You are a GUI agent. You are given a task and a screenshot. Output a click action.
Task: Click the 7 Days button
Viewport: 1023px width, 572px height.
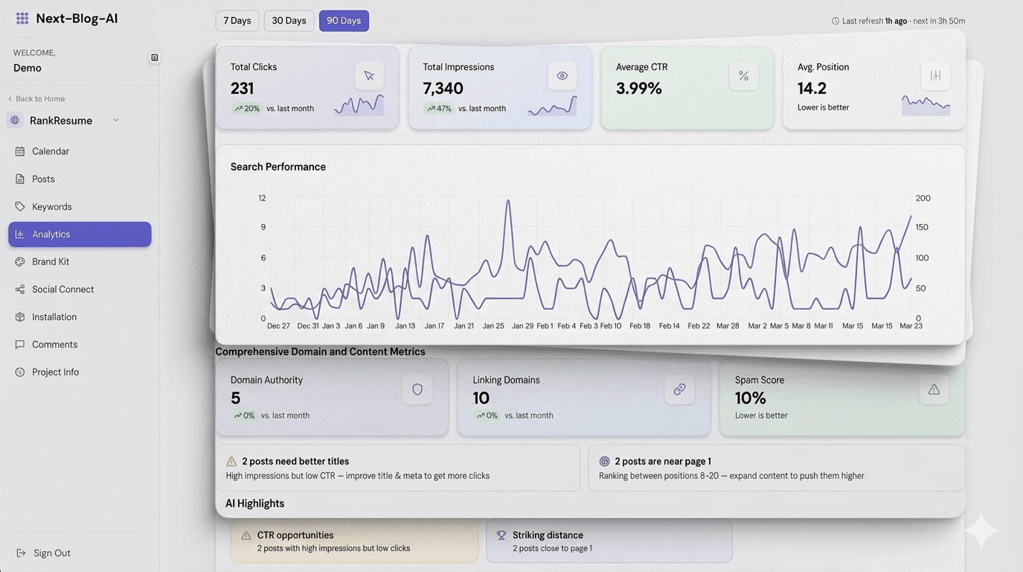pos(237,21)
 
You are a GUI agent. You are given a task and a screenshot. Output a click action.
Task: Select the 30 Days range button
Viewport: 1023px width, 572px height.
pos(289,21)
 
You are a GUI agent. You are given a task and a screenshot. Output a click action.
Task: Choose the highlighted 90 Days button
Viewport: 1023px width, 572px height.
pos(344,21)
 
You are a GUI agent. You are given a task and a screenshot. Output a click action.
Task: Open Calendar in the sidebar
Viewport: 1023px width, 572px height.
pos(50,151)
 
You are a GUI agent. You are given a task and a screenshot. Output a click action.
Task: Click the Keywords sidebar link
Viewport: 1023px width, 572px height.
pos(51,206)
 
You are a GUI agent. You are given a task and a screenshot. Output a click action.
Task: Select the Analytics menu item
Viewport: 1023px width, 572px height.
pos(80,234)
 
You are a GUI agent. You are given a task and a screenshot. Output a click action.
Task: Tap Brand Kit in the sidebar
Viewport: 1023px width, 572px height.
pos(50,261)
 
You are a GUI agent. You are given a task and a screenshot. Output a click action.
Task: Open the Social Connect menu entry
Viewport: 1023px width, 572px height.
pos(62,289)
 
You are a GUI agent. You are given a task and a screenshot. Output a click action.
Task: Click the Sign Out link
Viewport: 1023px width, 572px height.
pos(51,553)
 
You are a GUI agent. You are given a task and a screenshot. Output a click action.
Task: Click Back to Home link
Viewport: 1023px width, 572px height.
pos(39,98)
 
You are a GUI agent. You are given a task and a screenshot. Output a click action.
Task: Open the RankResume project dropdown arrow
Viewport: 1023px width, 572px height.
pos(115,120)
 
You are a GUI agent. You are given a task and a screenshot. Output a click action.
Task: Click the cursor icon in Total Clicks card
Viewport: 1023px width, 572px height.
pos(369,76)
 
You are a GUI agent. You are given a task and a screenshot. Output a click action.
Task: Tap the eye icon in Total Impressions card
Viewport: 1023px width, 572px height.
pos(562,76)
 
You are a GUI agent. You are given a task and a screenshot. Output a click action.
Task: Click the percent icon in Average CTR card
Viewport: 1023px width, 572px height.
pos(743,76)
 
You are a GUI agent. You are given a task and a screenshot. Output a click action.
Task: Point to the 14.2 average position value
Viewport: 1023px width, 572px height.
pos(812,88)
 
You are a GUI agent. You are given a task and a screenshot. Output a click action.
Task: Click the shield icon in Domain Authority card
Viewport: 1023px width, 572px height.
pos(417,390)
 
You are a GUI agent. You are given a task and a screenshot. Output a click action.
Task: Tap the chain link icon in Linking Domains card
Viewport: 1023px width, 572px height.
pos(679,390)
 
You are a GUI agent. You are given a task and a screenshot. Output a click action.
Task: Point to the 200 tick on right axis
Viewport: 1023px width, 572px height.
pos(923,198)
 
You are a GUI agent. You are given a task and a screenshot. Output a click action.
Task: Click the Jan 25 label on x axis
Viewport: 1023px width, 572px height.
pos(493,326)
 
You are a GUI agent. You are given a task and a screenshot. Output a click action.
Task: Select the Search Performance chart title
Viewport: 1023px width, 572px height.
pos(278,167)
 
